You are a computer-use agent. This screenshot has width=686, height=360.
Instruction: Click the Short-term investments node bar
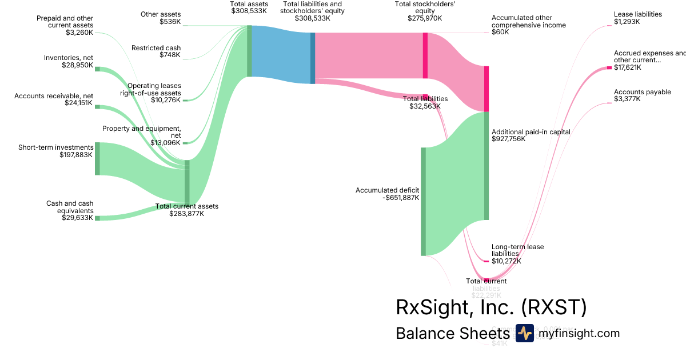tap(97, 158)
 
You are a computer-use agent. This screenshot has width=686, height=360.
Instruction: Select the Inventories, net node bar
tap(97, 69)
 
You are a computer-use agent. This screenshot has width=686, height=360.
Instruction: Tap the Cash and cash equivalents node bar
tap(97, 218)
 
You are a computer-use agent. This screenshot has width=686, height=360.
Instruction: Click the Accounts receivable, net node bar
tap(97, 107)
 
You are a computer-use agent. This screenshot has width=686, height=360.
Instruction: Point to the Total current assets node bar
tap(187, 182)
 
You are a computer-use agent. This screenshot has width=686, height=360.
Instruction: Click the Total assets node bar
tap(249, 51)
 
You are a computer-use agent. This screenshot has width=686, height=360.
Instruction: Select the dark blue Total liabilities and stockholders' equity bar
tap(313, 58)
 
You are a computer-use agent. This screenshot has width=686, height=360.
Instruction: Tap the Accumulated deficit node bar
tap(424, 201)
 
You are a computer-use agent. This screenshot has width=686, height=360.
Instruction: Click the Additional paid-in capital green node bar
tap(486, 166)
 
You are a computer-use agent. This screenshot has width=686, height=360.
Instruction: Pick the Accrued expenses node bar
tap(609, 68)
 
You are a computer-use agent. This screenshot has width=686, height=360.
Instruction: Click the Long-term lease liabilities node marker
tap(486, 261)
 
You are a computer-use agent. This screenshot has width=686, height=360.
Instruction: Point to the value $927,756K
tap(508, 139)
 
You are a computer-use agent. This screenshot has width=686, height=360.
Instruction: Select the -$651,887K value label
tap(395, 198)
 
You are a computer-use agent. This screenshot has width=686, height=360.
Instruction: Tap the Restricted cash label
tap(156, 48)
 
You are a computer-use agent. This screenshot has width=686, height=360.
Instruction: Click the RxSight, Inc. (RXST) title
tap(491, 307)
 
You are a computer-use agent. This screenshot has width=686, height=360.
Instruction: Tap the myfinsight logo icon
tap(524, 333)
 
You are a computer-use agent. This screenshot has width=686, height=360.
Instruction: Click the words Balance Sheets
tap(452, 334)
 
